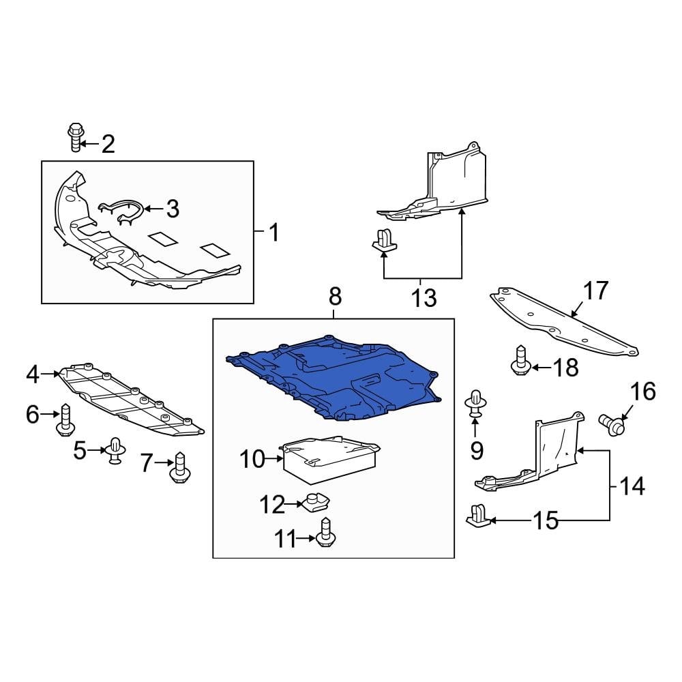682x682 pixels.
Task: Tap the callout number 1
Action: click(273, 234)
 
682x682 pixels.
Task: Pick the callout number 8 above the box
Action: click(334, 297)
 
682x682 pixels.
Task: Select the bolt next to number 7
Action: click(179, 468)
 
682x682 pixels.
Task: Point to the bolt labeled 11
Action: click(325, 533)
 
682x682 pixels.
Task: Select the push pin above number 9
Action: click(475, 403)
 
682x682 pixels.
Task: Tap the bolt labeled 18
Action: click(521, 361)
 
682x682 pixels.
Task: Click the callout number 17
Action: click(595, 291)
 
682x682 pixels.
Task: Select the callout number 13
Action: click(424, 298)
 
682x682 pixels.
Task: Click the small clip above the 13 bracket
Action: click(385, 241)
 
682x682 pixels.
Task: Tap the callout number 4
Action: click(33, 374)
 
